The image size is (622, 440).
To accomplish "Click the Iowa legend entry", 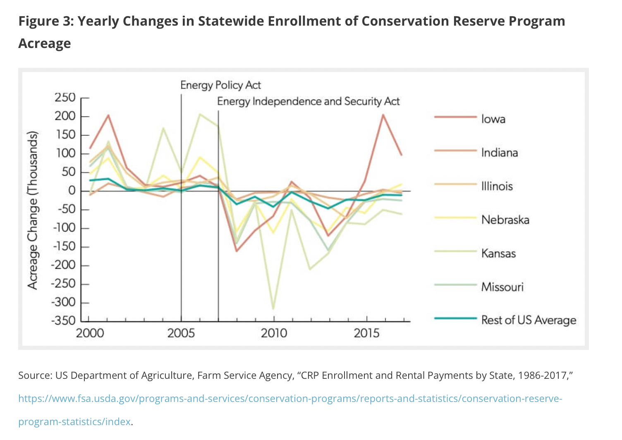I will (493, 119).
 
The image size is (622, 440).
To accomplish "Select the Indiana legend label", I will (499, 153).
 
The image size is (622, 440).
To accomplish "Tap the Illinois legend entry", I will (497, 186).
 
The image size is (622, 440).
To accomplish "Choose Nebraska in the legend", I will (505, 220).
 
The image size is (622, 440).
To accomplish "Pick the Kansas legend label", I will (498, 253).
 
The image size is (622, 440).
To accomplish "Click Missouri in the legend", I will (502, 287).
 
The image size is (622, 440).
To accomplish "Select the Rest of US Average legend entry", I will (528, 320).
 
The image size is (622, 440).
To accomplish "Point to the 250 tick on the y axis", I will (65, 98).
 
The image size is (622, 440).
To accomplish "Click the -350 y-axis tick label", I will (63, 321).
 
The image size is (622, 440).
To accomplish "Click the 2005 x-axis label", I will (181, 333).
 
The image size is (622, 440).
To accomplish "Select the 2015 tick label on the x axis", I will (366, 333).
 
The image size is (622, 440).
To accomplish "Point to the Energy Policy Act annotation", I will (220, 85).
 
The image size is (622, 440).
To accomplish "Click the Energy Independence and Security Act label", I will (308, 101).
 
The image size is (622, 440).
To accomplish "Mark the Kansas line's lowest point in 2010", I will (273, 308).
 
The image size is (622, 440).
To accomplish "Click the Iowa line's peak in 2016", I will (383, 115).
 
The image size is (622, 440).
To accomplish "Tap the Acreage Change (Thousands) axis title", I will (33, 210).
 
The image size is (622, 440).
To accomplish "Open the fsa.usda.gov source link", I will (290, 399).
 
